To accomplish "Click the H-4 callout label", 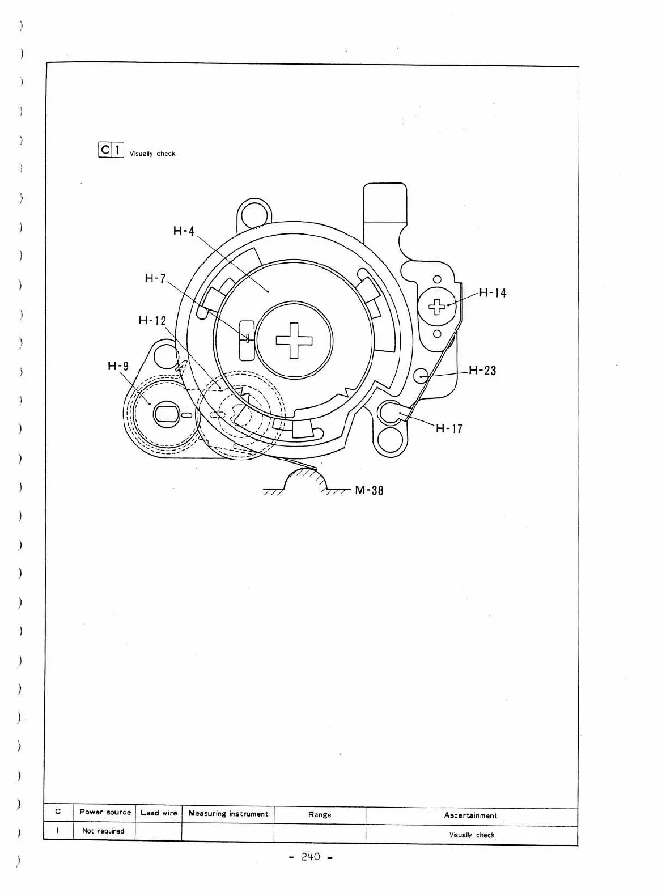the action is coord(184,231).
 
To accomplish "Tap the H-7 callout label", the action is coord(155,278).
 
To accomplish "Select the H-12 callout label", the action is coord(152,321).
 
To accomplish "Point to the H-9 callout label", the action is coord(118,366).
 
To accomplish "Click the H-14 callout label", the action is coord(493,293).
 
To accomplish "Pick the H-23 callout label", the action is coord(482,371).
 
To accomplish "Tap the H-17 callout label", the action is coord(449,428).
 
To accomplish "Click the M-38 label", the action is coord(369,491).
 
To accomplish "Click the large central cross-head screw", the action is coord(294,341).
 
